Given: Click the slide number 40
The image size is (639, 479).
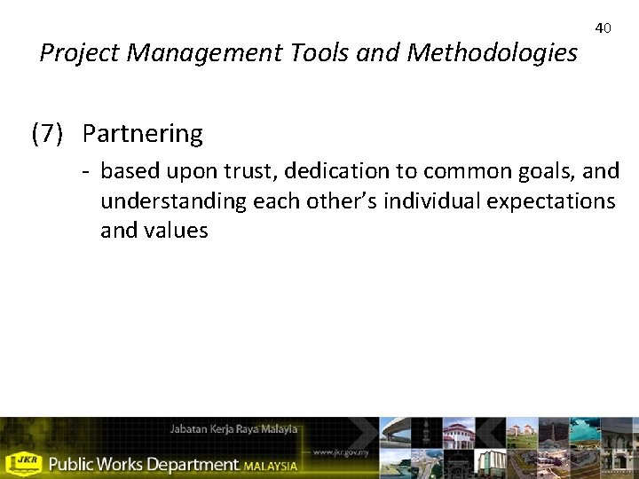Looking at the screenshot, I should pyautogui.click(x=603, y=28).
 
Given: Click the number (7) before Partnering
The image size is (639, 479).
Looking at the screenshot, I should pyautogui.click(x=47, y=134).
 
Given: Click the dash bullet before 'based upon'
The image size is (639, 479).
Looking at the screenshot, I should pyautogui.click(x=88, y=169).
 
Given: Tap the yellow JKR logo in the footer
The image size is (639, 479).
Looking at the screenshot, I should pyautogui.click(x=24, y=463).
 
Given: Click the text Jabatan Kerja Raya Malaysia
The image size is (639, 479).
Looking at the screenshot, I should pyautogui.click(x=233, y=429).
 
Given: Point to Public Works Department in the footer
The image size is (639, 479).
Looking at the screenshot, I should pyautogui.click(x=143, y=464).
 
